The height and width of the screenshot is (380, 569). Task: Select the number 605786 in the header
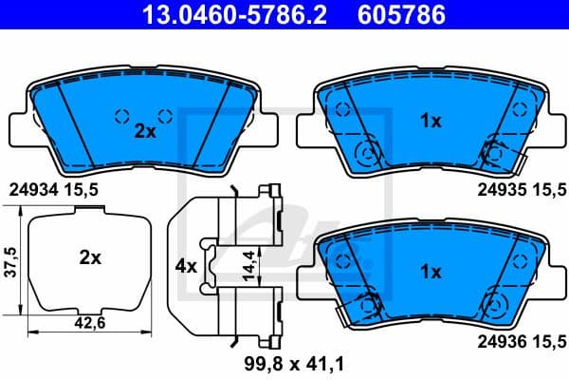(x=397, y=14)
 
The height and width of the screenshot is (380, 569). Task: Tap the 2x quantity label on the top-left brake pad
(x=144, y=132)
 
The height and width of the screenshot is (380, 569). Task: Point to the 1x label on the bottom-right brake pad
(x=431, y=272)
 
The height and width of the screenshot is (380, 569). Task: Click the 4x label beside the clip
(x=186, y=267)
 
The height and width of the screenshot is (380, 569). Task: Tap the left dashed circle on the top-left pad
(x=121, y=116)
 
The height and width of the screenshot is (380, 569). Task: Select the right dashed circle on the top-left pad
(x=165, y=116)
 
